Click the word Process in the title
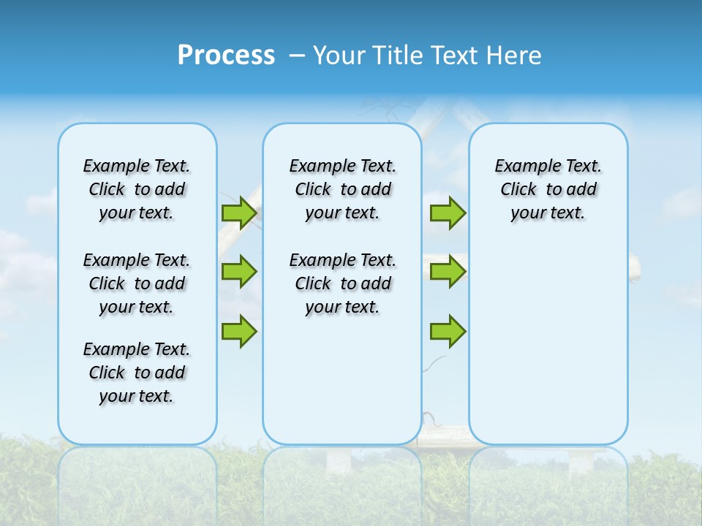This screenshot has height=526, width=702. (x=226, y=56)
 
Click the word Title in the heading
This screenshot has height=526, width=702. (x=397, y=56)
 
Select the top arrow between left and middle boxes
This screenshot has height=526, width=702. (x=239, y=213)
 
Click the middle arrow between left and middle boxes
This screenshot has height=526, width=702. (x=239, y=272)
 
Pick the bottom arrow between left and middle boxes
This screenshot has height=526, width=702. (x=239, y=331)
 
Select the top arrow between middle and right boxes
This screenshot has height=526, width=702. (x=448, y=213)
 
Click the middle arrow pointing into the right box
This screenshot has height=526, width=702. (x=448, y=272)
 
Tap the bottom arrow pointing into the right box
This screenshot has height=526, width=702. (x=448, y=331)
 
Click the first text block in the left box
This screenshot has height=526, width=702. (x=137, y=189)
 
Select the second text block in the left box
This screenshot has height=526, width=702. (x=137, y=283)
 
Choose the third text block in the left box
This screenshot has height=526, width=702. (x=137, y=373)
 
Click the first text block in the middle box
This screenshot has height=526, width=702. (x=342, y=189)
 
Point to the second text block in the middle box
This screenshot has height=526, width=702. (x=342, y=283)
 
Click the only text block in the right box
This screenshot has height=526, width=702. (x=548, y=189)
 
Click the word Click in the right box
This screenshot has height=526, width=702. (x=518, y=190)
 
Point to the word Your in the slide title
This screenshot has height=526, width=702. (x=339, y=56)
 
